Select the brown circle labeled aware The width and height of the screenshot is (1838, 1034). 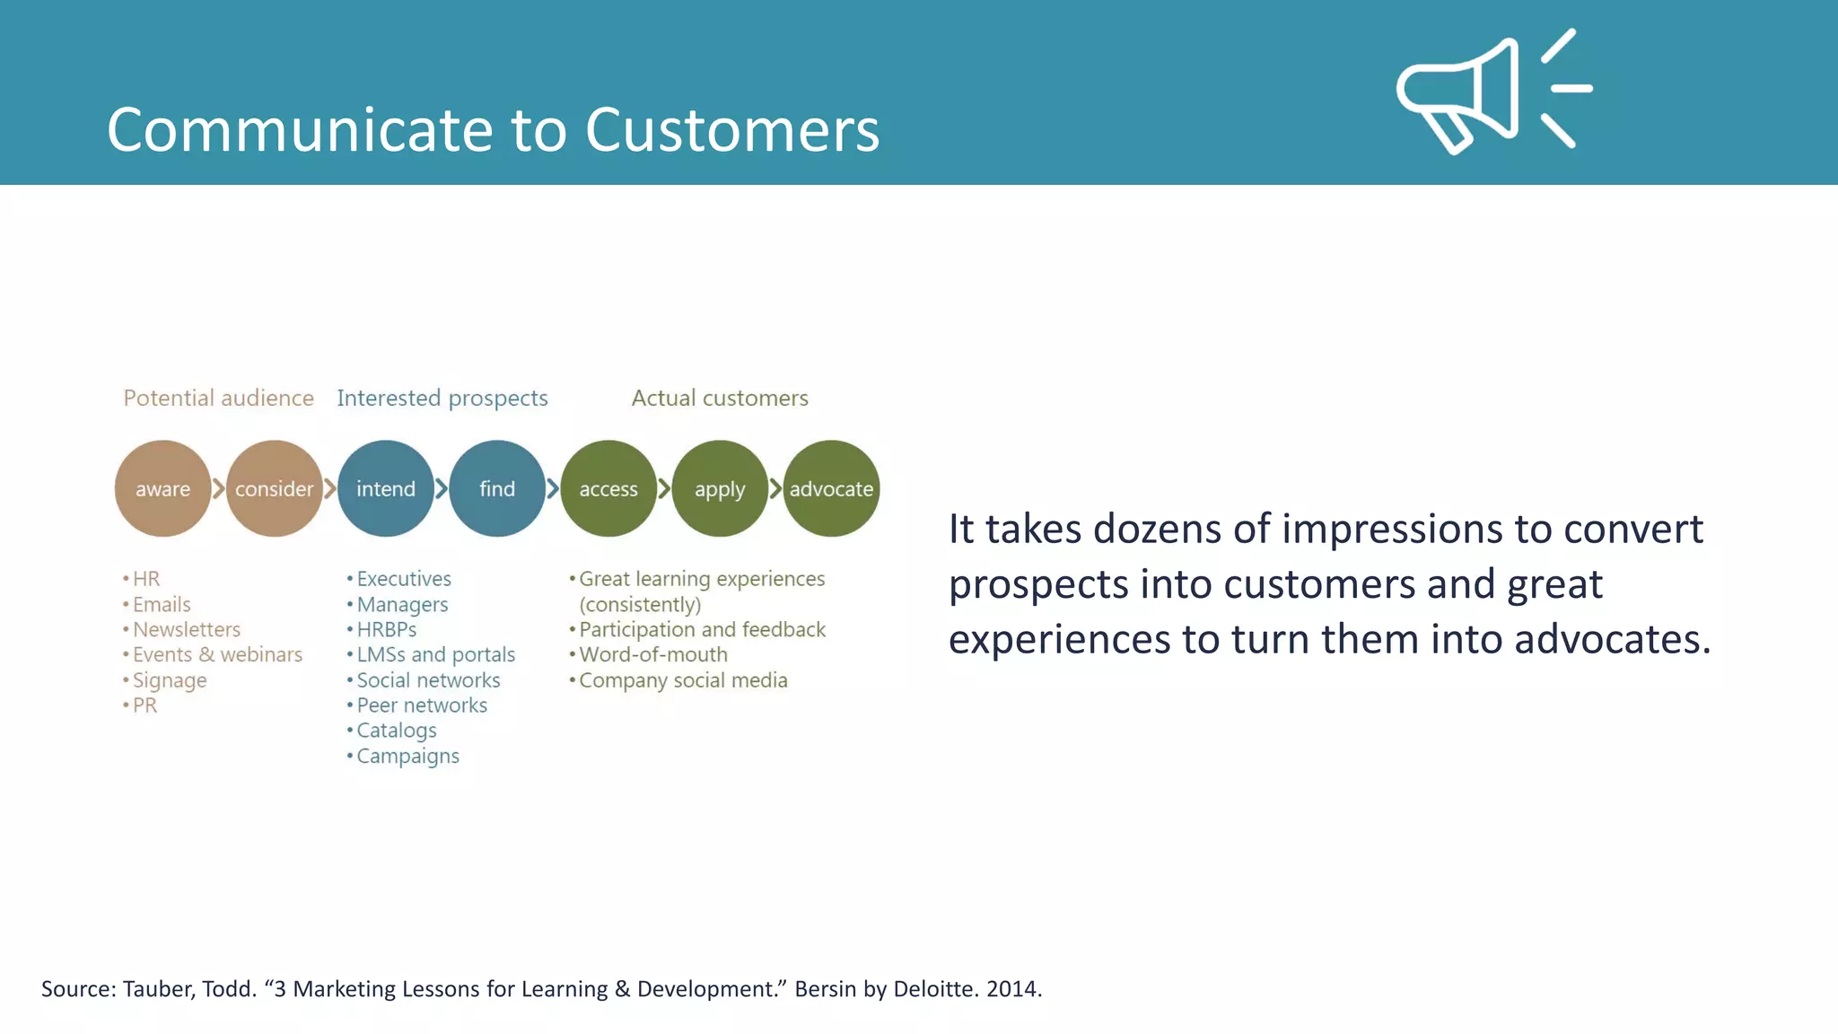tap(162, 489)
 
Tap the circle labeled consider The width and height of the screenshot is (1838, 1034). tap(274, 489)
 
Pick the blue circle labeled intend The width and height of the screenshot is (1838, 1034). tap(385, 489)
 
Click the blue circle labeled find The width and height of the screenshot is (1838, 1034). tap(496, 489)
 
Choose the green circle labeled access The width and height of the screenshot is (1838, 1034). tap(608, 489)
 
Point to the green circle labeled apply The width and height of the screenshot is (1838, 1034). tap(719, 489)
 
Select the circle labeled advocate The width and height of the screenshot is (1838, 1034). tap(831, 489)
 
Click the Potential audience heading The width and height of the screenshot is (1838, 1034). tap(218, 399)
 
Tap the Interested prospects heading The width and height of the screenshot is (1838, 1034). tap(442, 399)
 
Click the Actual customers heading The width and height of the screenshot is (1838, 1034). tap(719, 399)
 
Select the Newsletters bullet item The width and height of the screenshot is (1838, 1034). tap(186, 630)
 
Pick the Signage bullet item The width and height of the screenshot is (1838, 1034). tap(170, 680)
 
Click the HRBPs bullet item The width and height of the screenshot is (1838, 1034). tap(386, 630)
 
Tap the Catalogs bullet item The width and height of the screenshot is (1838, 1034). tap(396, 731)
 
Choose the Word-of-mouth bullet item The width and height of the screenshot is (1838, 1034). tap(652, 655)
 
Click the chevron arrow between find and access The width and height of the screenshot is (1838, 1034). tap(553, 489)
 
